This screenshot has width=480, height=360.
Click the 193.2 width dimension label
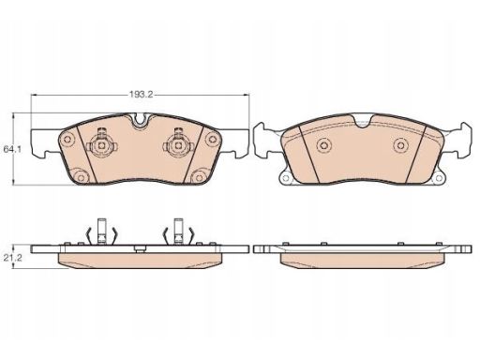pyautogui.click(x=141, y=95)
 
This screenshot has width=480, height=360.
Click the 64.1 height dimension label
pyautogui.click(x=12, y=149)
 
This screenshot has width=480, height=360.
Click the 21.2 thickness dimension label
pyautogui.click(x=12, y=258)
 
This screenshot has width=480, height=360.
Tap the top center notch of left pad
pyautogui.click(x=141, y=120)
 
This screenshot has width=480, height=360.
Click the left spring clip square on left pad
pyautogui.click(x=101, y=145)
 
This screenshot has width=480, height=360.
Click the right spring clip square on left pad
pyautogui.click(x=178, y=145)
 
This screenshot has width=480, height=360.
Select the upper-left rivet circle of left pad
pyautogui.click(x=67, y=140)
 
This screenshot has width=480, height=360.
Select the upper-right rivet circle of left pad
pyautogui.click(x=213, y=139)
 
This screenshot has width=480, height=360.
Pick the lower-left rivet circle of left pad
pyautogui.click(x=81, y=177)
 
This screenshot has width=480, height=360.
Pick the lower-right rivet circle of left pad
pyautogui.click(x=198, y=177)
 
